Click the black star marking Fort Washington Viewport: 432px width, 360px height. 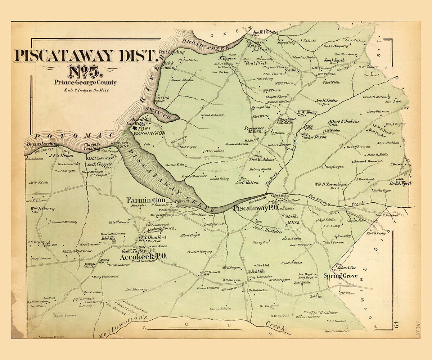point(135,128)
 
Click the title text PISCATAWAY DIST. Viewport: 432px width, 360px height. point(85,56)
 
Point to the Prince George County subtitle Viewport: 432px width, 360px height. point(85,82)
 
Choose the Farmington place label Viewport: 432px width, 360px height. point(146,200)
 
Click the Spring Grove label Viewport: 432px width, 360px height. point(340,276)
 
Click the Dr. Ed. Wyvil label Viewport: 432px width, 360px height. point(400,183)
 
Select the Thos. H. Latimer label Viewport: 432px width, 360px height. point(324,312)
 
